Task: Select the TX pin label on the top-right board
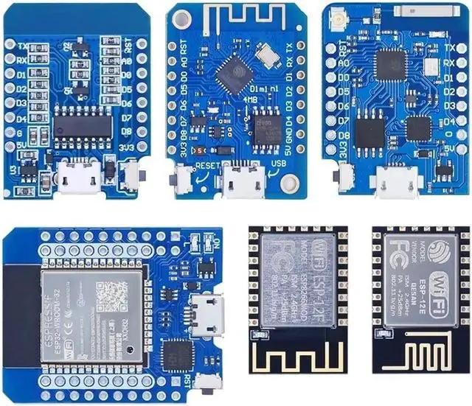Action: (449, 47)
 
